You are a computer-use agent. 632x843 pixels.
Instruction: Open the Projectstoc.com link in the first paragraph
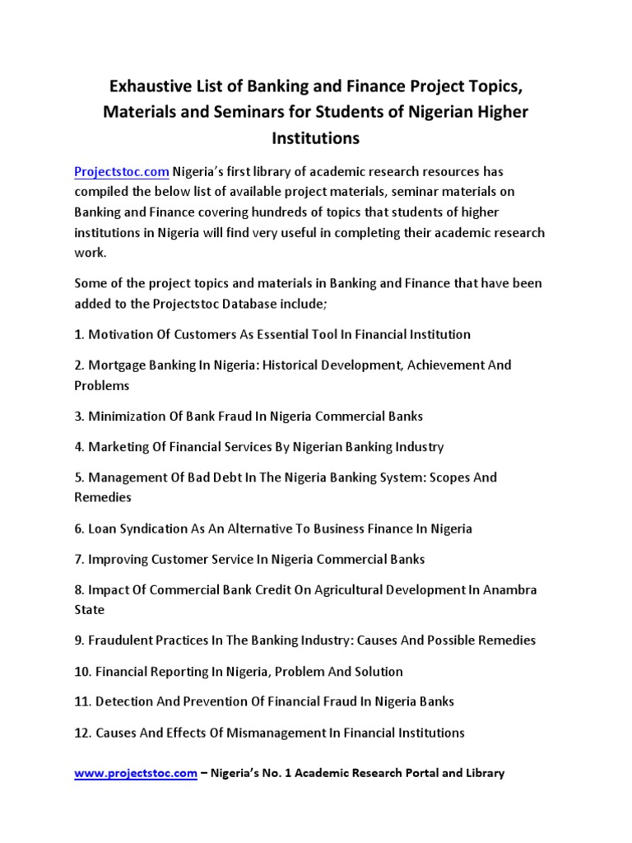122,171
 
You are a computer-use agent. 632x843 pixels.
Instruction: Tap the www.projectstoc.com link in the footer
135,773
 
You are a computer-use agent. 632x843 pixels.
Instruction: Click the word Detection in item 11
123,701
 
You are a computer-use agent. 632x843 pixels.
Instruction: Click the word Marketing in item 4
117,447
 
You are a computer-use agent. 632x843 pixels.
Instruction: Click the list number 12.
82,732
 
